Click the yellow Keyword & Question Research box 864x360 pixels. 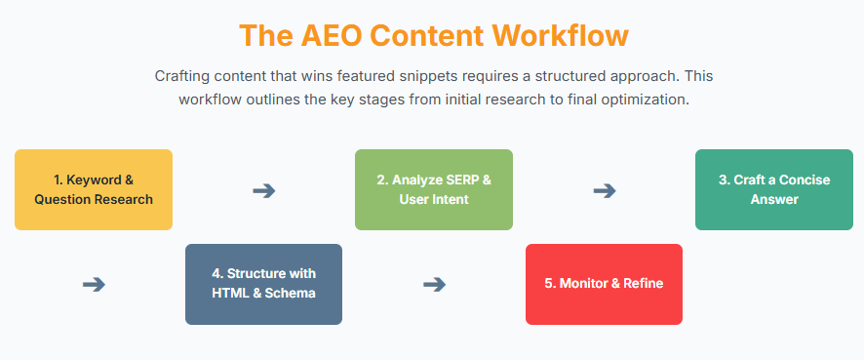(94, 189)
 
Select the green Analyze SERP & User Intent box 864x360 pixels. (434, 189)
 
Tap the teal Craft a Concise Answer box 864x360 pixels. (774, 189)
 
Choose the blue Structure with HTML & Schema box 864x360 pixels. (263, 285)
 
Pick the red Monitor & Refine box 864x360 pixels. (604, 285)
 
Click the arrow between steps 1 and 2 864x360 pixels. (264, 191)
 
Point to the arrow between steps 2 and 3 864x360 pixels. (605, 191)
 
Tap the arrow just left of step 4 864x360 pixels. (94, 285)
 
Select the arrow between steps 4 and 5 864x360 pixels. (434, 285)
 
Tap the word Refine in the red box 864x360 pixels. (642, 284)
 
